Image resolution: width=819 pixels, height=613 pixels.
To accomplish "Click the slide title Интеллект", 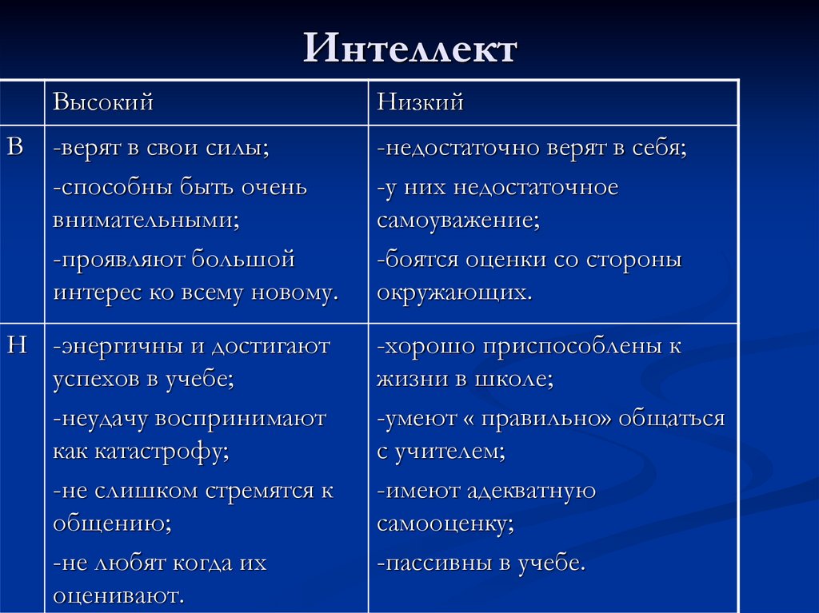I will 409,50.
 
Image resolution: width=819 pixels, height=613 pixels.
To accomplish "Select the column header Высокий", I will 103,103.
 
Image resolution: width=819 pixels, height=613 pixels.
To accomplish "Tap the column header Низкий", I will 421,103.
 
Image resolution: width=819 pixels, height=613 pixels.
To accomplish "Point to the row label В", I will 16,146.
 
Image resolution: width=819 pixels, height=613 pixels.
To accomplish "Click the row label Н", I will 17,345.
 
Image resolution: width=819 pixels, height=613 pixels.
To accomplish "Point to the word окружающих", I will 453,293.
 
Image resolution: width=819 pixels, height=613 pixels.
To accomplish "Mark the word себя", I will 656,149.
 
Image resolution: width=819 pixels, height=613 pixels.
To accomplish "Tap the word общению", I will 112,524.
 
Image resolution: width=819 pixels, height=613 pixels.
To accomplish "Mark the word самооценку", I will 445,524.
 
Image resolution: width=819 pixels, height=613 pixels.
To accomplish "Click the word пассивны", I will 433,563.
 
